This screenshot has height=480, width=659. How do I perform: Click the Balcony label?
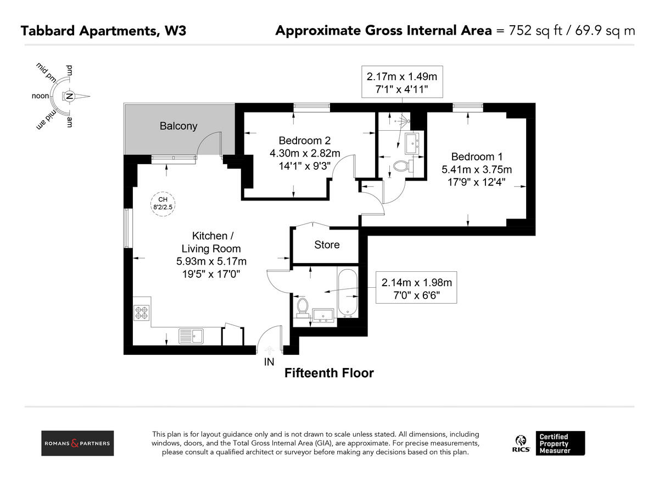coord(178,126)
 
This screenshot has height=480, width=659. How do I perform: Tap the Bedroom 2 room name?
coord(305,140)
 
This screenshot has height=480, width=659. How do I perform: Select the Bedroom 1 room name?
coord(477,157)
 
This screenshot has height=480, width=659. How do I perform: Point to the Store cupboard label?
coord(327,245)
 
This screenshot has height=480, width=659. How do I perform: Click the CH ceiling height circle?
coord(162,203)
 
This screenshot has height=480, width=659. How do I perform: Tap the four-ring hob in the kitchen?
coord(141,312)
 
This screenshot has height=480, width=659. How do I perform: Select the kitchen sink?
coord(191,335)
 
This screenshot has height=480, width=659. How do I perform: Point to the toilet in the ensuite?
coord(402,166)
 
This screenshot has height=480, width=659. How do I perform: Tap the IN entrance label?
coord(269,362)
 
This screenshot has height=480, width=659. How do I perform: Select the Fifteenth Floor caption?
coord(328,373)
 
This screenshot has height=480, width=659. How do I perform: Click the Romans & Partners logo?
coord(78,443)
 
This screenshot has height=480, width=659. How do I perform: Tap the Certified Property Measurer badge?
coord(561,443)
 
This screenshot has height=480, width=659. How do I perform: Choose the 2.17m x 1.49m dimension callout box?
coord(402,82)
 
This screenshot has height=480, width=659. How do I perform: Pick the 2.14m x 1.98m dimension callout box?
coord(416,289)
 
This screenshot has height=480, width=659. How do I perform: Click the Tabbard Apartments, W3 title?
coord(103,31)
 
